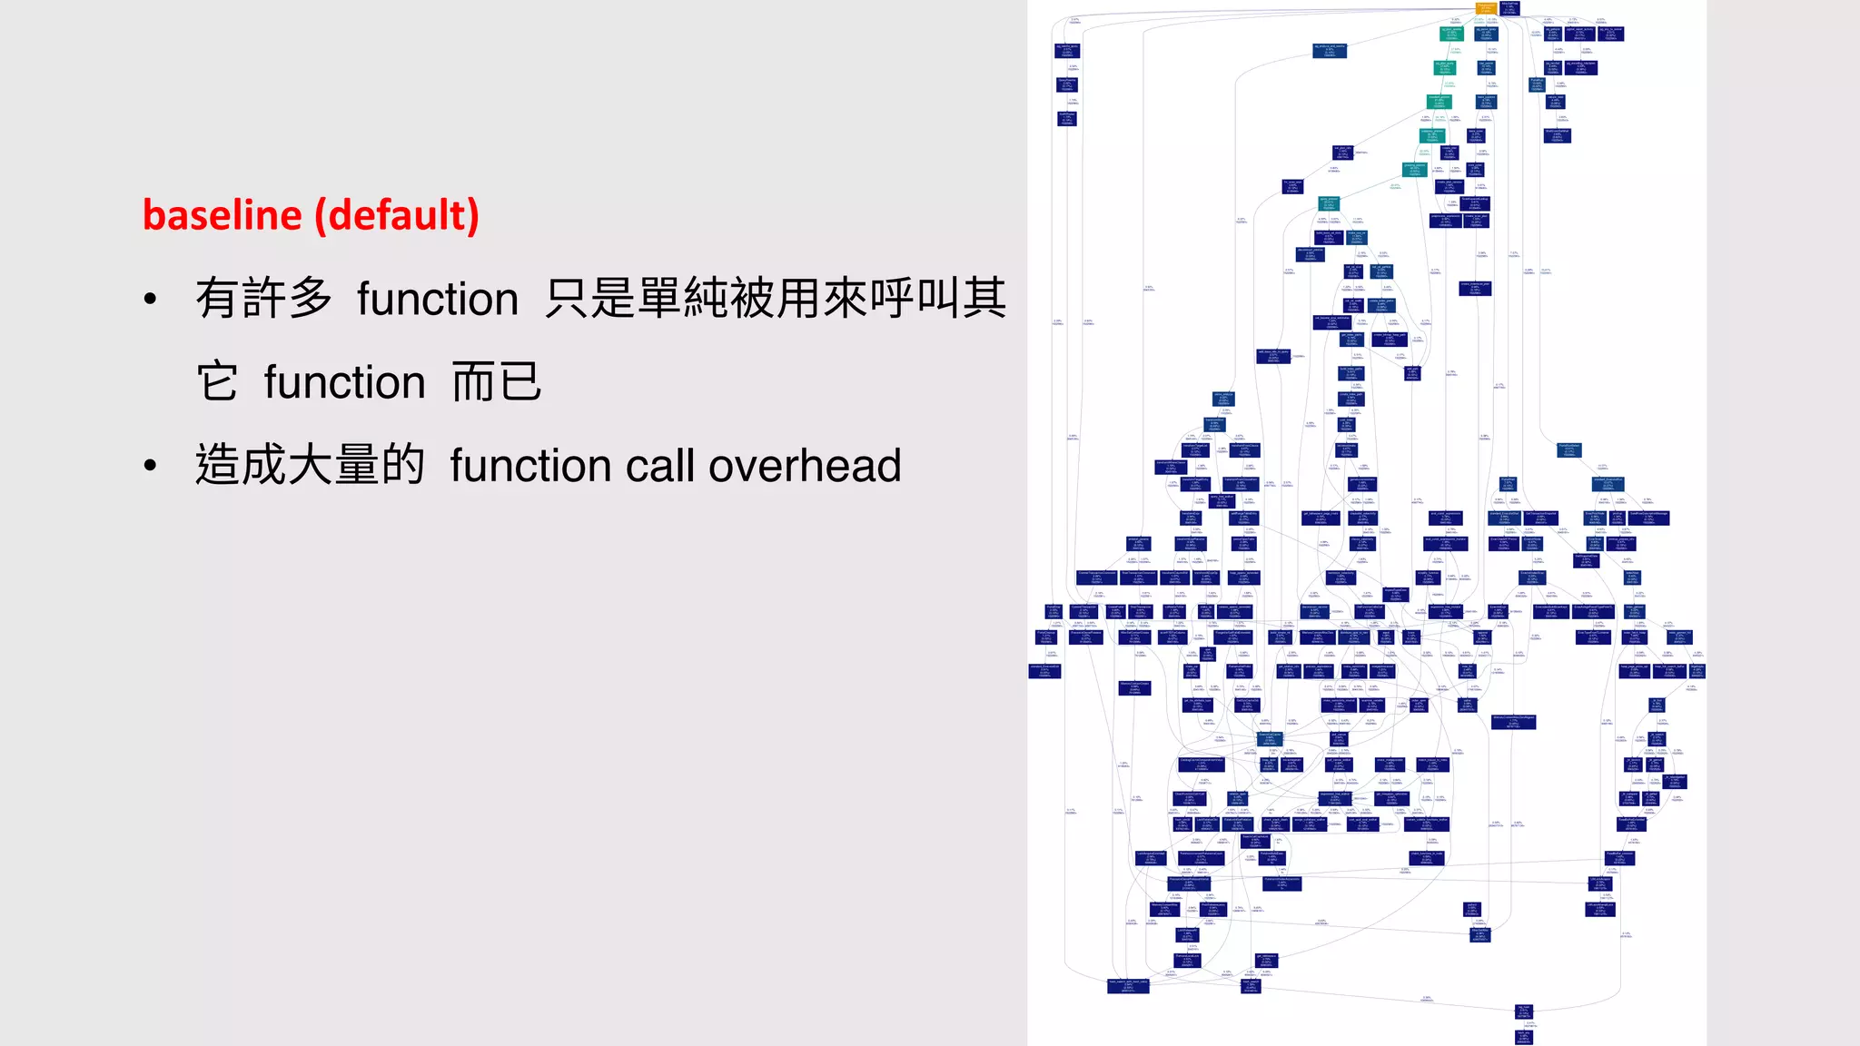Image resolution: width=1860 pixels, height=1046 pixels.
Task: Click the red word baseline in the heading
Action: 222,216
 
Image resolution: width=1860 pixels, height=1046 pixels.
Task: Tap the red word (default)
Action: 397,216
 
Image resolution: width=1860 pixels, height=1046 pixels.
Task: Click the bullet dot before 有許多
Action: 151,299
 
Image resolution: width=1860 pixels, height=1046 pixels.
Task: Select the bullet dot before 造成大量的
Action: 151,466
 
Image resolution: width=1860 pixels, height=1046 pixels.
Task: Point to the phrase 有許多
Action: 264,299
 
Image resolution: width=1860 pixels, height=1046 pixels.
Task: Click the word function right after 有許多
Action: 437,299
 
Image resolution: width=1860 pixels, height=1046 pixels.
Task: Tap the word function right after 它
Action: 344,382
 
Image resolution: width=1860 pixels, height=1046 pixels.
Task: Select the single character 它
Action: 218,382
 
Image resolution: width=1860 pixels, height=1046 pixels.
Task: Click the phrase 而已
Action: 497,382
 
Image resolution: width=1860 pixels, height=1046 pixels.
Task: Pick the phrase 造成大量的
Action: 310,466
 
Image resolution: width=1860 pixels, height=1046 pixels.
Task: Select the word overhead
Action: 805,466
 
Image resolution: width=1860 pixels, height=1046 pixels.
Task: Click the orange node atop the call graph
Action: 1486,8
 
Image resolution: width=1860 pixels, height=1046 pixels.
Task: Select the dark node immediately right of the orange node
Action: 1509,8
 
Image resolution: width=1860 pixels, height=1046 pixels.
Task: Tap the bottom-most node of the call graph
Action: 1524,1036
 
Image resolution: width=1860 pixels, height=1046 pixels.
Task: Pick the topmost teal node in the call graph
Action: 1451,34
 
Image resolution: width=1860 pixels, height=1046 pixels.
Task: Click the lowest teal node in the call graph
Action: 1329,203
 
